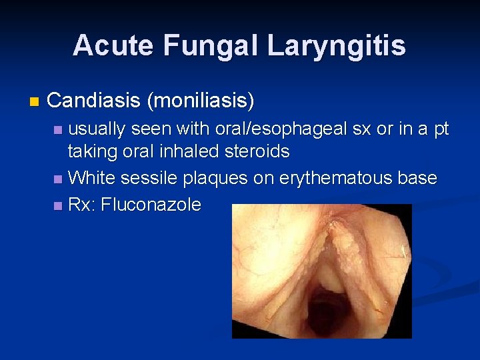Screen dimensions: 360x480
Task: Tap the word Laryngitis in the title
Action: pyautogui.click(x=336, y=45)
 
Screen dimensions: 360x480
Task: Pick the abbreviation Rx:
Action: pyautogui.click(x=82, y=205)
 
